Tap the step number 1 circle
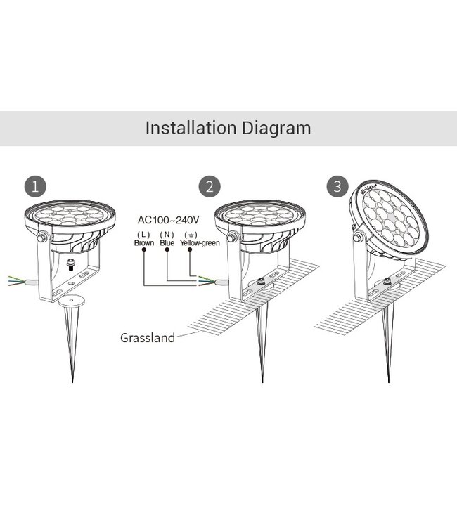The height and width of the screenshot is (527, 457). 35,186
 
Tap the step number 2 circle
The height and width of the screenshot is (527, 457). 208,186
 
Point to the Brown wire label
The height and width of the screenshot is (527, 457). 143,242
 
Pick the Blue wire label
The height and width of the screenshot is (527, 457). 167,242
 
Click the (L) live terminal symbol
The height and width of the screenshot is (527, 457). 143,233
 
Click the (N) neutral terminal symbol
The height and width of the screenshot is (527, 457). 167,233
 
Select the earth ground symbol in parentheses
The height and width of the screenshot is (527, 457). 190,233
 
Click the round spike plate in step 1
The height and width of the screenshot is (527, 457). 73,304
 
